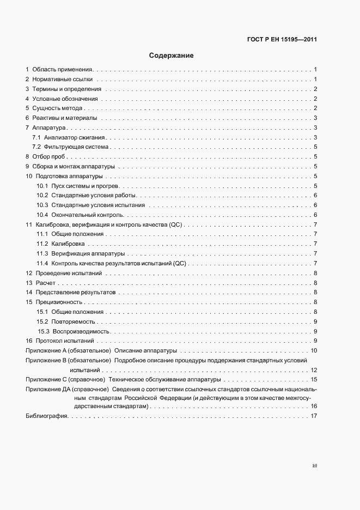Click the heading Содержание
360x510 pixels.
[x=172, y=56]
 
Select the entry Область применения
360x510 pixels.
[x=63, y=70]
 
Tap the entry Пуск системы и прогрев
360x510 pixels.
[x=85, y=186]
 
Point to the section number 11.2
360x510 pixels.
[x=42, y=244]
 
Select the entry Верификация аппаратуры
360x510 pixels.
[x=88, y=254]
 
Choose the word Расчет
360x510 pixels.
[x=46, y=283]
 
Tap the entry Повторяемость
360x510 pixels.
[x=75, y=321]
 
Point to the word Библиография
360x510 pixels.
[x=46, y=416]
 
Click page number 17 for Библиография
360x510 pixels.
[x=314, y=416]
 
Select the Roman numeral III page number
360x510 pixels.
[x=314, y=466]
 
